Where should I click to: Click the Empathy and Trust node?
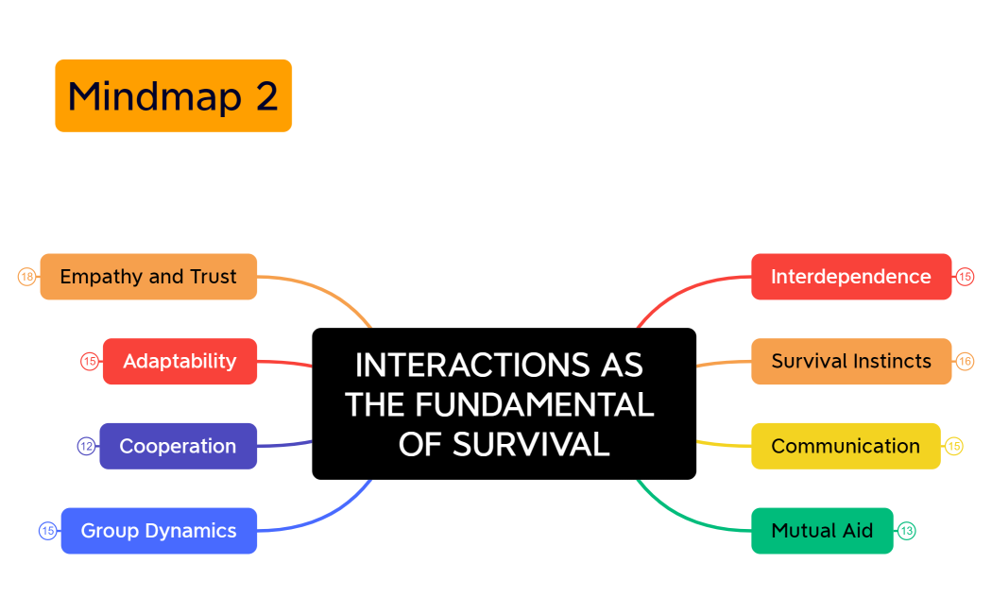coord(148,277)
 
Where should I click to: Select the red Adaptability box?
coord(180,361)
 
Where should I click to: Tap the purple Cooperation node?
coord(178,446)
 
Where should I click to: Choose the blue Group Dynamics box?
coord(159,531)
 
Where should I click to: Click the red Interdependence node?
coord(850,277)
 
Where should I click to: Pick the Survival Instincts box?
coord(850,361)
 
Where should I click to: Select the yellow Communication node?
coord(845,446)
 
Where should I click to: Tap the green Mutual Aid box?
coord(822,531)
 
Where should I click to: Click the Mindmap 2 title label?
coord(173,95)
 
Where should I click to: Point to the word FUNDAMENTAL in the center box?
coord(533,404)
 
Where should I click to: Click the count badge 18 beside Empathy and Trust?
coord(26,277)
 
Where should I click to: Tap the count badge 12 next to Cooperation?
coord(86,446)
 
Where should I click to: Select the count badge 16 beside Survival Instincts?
coord(965,361)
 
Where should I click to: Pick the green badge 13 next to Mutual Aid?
coord(907,531)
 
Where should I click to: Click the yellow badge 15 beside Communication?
coord(954,446)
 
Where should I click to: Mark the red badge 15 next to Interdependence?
coord(965,277)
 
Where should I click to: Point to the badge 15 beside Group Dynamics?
coord(47,531)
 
